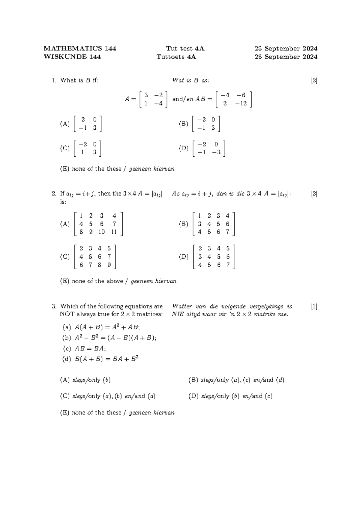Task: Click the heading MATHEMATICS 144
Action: click(80, 49)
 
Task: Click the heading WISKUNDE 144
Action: click(72, 57)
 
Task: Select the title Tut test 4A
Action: click(185, 49)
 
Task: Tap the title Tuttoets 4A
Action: click(176, 57)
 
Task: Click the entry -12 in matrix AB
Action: click(241, 103)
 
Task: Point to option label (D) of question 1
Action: click(184, 148)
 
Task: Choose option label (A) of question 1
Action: click(65, 124)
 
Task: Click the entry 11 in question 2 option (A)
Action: click(113, 232)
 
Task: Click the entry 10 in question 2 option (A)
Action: click(101, 232)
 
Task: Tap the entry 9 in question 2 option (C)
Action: click(109, 265)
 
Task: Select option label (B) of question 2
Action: click(183, 224)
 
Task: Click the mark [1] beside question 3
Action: click(314, 306)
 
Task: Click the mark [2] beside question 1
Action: click(314, 80)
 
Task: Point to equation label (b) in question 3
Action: click(67, 338)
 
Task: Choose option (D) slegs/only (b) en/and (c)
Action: click(230, 396)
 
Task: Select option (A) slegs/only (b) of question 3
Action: click(85, 380)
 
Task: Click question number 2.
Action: click(54, 194)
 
